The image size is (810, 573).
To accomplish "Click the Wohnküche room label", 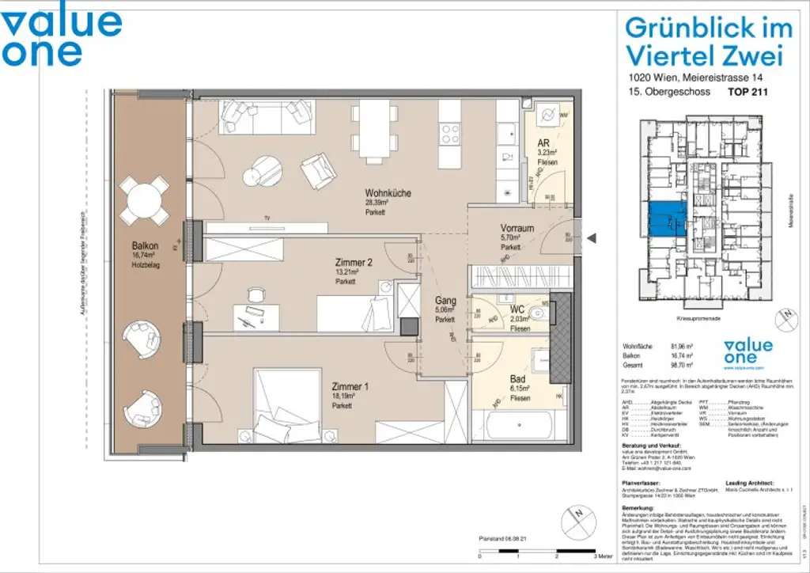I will (x=388, y=193).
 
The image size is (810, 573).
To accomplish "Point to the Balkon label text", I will (x=145, y=246).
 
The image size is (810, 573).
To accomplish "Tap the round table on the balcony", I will (x=145, y=201).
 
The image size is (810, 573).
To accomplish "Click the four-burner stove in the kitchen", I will (x=451, y=135).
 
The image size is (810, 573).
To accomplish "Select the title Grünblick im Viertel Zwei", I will (x=708, y=41).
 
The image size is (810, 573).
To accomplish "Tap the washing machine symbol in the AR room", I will (x=547, y=116).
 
